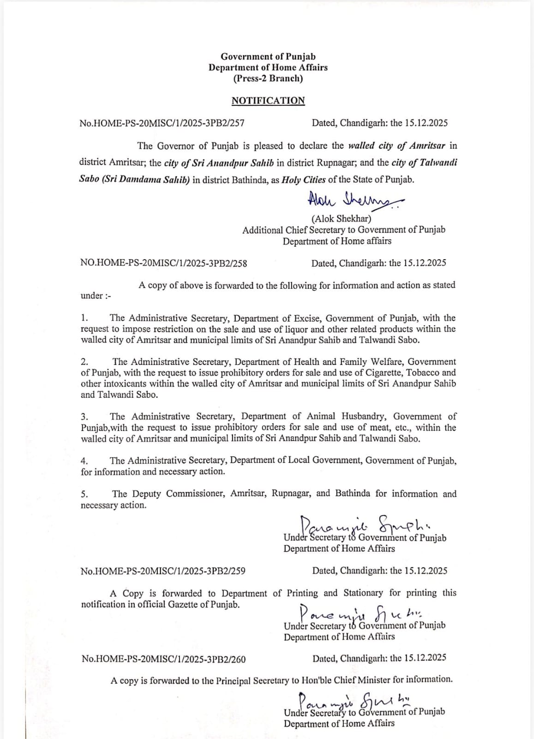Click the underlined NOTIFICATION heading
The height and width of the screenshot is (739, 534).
pyautogui.click(x=268, y=101)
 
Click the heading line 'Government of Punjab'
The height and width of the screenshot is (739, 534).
pyautogui.click(x=268, y=56)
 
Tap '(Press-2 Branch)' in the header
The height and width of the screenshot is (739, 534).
pyautogui.click(x=268, y=78)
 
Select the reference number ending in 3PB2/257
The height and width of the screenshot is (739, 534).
pyautogui.click(x=162, y=123)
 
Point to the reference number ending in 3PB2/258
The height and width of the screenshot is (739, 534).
pyautogui.click(x=163, y=263)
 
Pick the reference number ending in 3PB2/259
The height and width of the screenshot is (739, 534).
pyautogui.click(x=163, y=571)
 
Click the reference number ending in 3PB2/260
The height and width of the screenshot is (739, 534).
pyautogui.click(x=163, y=659)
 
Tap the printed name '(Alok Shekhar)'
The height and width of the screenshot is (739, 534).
pyautogui.click(x=342, y=218)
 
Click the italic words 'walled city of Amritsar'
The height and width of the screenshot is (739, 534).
pyautogui.click(x=396, y=146)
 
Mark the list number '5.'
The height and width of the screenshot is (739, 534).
pyautogui.click(x=85, y=494)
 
